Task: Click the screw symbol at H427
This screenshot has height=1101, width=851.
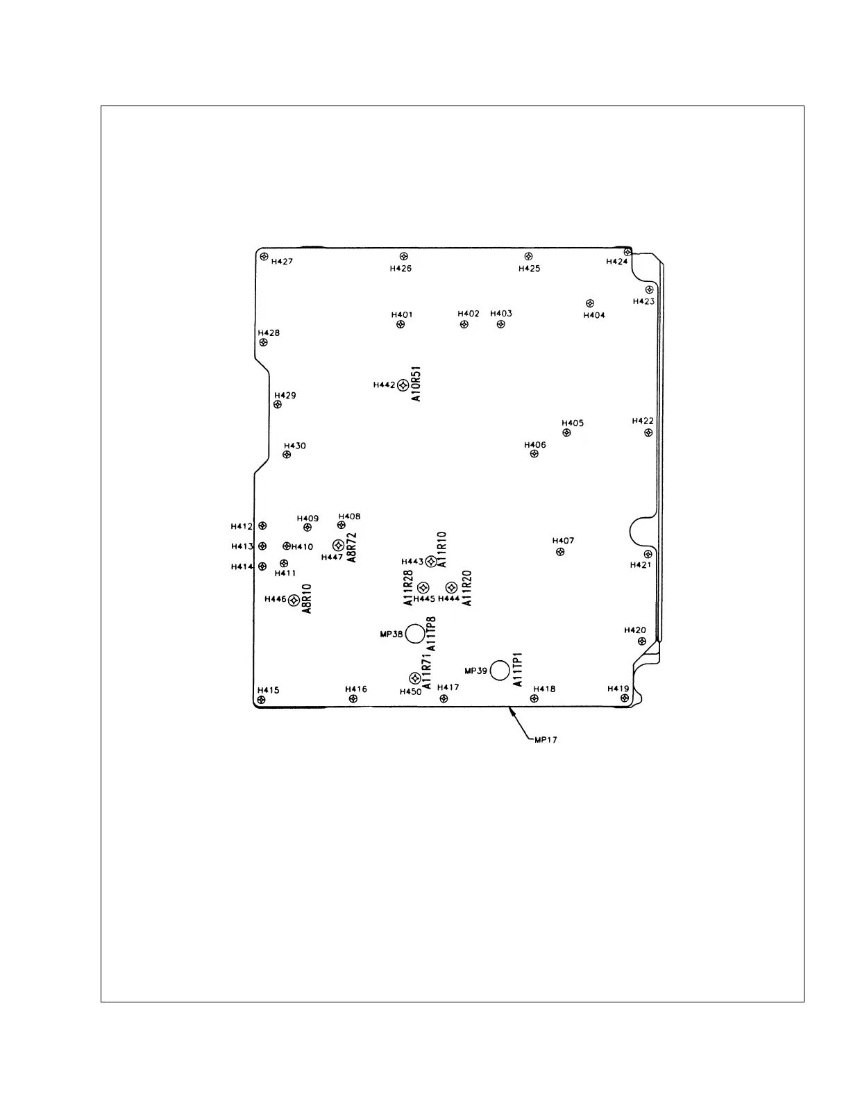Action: click(x=264, y=257)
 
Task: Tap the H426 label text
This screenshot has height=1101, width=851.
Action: click(x=401, y=269)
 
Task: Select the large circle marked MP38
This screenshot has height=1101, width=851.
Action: click(x=415, y=633)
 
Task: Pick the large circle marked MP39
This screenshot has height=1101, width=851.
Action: click(x=500, y=671)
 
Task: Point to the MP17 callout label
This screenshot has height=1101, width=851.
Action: click(x=546, y=740)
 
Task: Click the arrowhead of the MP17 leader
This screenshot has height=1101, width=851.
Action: click(x=511, y=709)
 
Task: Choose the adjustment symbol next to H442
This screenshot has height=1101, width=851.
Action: click(x=403, y=385)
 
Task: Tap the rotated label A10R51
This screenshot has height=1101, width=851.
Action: click(x=416, y=384)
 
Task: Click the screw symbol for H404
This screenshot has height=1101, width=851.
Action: click(x=590, y=303)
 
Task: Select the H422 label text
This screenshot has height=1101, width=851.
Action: click(x=643, y=421)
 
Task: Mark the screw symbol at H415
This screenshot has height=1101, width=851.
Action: click(x=261, y=700)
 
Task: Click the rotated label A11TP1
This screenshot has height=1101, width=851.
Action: click(x=518, y=670)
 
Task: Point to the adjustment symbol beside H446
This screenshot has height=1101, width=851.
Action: click(x=294, y=600)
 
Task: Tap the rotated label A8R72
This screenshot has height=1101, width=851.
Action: click(x=351, y=547)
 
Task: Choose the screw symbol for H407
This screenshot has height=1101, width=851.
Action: click(x=560, y=553)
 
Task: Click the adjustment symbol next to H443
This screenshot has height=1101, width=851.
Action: click(x=430, y=561)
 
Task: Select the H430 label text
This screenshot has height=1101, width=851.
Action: click(x=295, y=446)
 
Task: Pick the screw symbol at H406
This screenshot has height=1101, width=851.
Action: click(x=534, y=454)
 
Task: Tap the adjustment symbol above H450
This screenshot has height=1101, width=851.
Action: click(x=414, y=678)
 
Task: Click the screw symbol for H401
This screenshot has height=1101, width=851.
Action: click(x=401, y=324)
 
